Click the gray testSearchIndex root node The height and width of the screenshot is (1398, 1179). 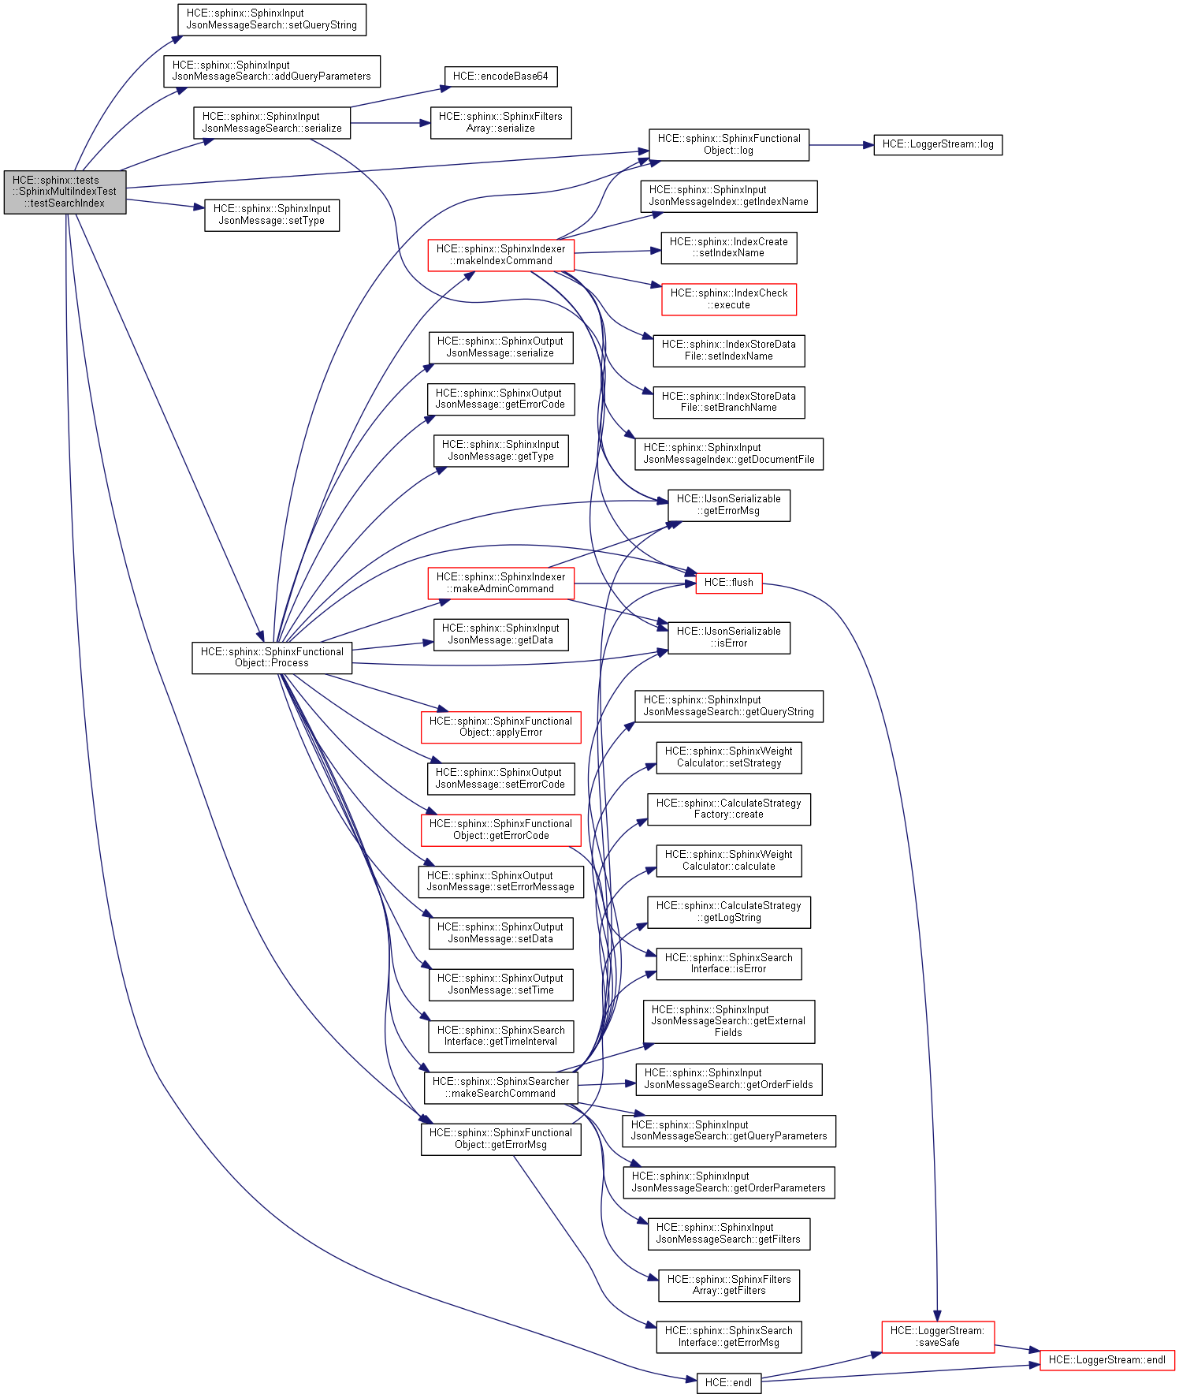(65, 192)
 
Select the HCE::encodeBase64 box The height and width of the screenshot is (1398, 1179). (500, 76)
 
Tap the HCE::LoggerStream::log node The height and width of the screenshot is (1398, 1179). (937, 144)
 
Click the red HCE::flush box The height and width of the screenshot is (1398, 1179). (728, 583)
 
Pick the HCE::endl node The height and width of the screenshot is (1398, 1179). (728, 1382)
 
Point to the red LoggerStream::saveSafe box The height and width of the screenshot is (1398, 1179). (937, 1336)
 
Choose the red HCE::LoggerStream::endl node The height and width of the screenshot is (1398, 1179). (1106, 1359)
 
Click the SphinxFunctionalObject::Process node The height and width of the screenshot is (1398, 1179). (272, 658)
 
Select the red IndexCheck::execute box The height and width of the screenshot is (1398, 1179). (728, 299)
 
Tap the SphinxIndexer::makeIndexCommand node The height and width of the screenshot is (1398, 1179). (500, 255)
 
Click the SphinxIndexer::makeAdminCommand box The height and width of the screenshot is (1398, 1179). (500, 583)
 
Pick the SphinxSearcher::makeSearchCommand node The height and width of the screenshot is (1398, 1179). (500, 1087)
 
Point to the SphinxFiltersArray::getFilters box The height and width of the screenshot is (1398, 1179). (728, 1284)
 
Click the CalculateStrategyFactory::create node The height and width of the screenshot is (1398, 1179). (728, 809)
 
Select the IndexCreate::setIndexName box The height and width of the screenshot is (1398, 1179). (728, 248)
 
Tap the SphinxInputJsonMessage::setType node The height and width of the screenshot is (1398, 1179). (272, 214)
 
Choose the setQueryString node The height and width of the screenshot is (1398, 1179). (272, 19)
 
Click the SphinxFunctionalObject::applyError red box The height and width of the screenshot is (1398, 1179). (500, 726)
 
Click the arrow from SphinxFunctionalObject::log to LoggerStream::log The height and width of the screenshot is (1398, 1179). (841, 145)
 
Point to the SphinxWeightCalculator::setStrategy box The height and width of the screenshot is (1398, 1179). (728, 757)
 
